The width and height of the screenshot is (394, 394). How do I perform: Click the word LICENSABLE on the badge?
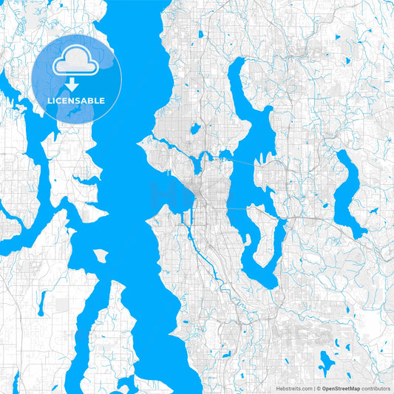[77, 101]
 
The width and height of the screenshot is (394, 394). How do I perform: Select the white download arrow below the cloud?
[72, 84]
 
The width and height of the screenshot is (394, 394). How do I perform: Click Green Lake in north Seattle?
[195, 129]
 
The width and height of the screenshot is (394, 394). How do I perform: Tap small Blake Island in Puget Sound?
[101, 256]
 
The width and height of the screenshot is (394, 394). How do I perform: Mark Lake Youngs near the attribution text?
[326, 361]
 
